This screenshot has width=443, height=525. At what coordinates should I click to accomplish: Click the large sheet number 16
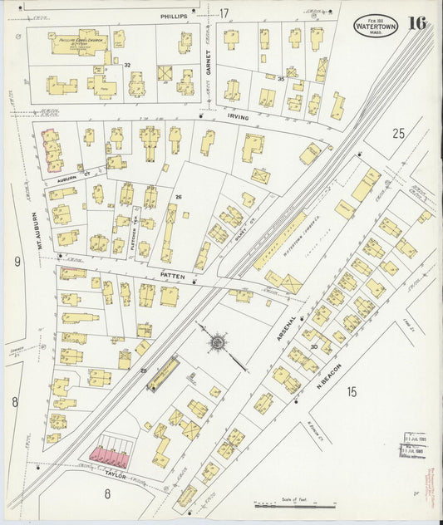pyautogui.click(x=417, y=22)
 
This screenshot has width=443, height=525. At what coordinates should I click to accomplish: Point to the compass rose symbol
pyautogui.click(x=218, y=341)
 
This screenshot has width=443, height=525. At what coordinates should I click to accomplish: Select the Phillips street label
pyautogui.click(x=174, y=16)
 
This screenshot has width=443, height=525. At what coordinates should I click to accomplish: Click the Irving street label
pyautogui.click(x=238, y=118)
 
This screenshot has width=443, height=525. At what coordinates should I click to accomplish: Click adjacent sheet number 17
pyautogui.click(x=224, y=12)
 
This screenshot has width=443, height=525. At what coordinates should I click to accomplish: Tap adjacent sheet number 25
pyautogui.click(x=399, y=133)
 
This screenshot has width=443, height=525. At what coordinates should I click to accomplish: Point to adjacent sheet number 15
pyautogui.click(x=352, y=391)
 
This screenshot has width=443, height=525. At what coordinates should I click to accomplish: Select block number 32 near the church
pyautogui.click(x=127, y=64)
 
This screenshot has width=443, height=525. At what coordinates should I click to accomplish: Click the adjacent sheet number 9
pyautogui.click(x=16, y=262)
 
